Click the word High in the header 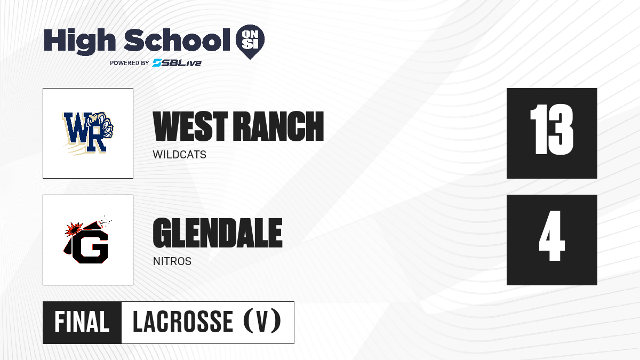tap(79, 42)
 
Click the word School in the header tap(177, 39)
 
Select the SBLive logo tap(177, 63)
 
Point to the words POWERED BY tap(130, 63)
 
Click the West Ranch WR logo tap(87, 133)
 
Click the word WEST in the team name tap(190, 126)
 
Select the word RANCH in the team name tap(278, 126)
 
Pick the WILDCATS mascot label tap(179, 155)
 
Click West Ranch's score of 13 tap(551, 130)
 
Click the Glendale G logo tap(87, 240)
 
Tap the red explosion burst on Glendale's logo tap(74, 229)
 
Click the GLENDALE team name tap(218, 233)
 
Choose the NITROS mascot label tap(172, 261)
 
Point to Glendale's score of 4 tap(551, 236)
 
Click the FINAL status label tap(82, 322)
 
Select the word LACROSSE tap(183, 322)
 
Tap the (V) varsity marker tap(262, 321)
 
